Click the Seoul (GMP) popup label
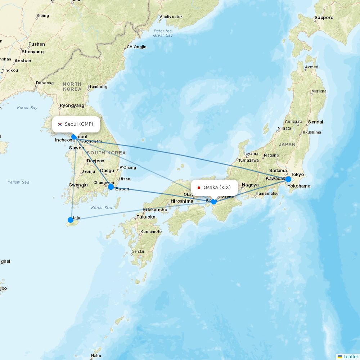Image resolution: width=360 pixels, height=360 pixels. pos(76,124)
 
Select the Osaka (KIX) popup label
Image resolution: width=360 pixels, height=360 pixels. pos(215,188)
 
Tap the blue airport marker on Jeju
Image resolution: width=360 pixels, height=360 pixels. pos(71,220)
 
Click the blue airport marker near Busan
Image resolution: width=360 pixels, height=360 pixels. pos(111,187)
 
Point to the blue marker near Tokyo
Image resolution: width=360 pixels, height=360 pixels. pos(288,179)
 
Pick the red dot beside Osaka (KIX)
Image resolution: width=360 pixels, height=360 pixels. pos(199,188)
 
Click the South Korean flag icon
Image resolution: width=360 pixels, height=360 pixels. pos(60,124)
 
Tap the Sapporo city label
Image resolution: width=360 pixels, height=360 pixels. pos(324,18)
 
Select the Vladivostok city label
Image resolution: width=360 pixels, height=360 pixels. pos(171,17)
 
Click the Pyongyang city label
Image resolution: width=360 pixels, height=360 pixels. pos(72,105)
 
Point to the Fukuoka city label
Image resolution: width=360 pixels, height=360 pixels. pos(146,217)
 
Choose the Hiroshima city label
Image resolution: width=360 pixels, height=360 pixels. pos(182,201)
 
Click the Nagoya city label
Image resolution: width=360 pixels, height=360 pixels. pos(250,185)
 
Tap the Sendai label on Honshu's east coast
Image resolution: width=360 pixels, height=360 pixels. pos(315,122)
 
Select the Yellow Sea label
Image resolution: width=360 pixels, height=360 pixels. pos(18,182)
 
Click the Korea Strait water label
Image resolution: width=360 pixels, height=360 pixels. pos(103,208)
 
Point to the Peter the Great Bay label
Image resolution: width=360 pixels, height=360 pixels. pos(163,33)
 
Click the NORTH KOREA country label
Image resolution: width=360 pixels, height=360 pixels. pos(72,86)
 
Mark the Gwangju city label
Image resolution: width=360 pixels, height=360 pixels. pos(78,185)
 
